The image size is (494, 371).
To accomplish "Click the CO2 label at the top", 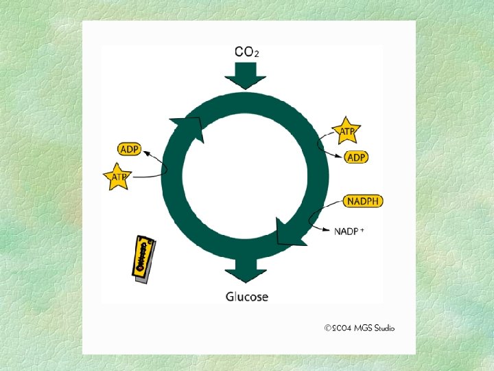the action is tap(247, 52).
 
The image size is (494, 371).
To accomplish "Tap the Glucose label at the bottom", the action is tap(247, 297).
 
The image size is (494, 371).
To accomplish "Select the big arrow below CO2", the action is tap(245, 74).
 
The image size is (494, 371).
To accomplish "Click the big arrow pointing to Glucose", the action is tap(246, 270).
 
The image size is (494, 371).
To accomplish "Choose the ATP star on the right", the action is tap(346, 129).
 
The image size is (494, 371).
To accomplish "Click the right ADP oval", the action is tap(355, 157).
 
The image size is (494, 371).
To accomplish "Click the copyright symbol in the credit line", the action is tap(328, 328).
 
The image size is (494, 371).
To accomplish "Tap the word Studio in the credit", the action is tap(382, 328).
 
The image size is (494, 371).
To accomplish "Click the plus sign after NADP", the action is tap(362, 229).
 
